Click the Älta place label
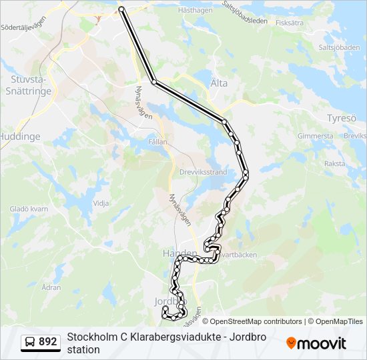tap(219, 83)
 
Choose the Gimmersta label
tap(315, 136)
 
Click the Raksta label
tap(334, 163)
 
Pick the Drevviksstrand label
tap(204, 171)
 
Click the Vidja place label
tap(101, 203)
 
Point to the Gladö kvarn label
tap(29, 209)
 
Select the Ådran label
tap(51, 287)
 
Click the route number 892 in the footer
tap(48, 342)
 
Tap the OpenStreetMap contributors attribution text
tap(252, 321)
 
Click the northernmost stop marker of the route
tap(121, 9)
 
